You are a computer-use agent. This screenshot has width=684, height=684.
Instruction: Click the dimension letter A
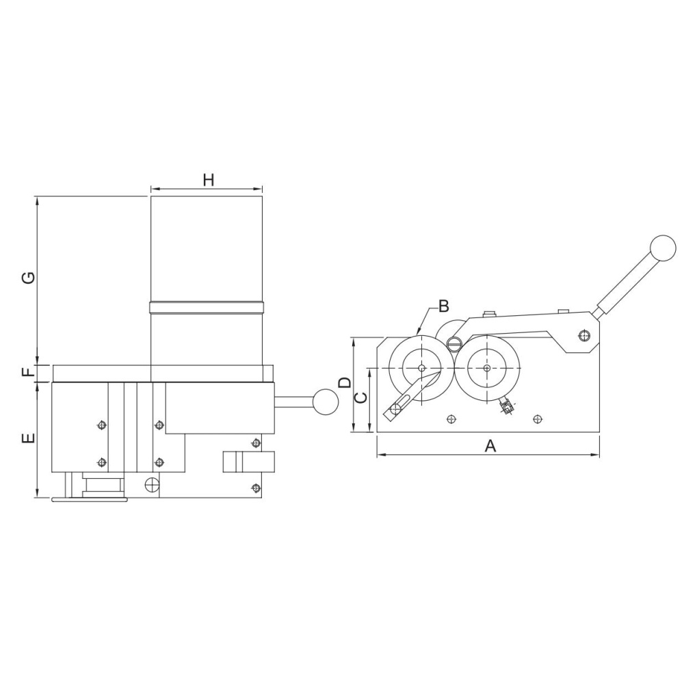[x=490, y=446]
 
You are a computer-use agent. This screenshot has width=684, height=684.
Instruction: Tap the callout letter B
[x=444, y=306]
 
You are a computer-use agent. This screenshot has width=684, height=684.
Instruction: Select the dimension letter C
[x=360, y=398]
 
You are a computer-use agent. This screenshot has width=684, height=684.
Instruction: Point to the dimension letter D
[x=345, y=382]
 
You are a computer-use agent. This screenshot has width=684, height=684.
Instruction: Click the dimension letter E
[x=28, y=438]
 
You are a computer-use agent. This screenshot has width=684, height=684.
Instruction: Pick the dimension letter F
[x=28, y=372]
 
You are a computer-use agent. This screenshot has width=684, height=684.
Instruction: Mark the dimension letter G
[x=28, y=278]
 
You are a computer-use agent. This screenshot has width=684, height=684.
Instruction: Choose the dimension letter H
[x=209, y=180]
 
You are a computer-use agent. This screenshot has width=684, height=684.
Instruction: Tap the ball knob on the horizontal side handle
[x=326, y=402]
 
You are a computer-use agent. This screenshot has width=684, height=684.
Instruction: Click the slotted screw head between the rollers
[x=455, y=343]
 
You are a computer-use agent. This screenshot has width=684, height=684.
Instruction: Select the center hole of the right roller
[x=487, y=368]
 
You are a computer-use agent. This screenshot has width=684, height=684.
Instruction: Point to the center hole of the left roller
[x=421, y=368]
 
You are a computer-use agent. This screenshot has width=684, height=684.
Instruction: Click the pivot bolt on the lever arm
[x=583, y=335]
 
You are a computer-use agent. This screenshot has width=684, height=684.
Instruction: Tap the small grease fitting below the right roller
[x=506, y=406]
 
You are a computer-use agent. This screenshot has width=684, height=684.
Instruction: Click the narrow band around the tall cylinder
[x=207, y=307]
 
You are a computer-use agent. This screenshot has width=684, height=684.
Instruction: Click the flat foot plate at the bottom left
[x=90, y=499]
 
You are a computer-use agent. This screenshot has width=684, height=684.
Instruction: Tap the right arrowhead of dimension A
[x=595, y=455]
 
